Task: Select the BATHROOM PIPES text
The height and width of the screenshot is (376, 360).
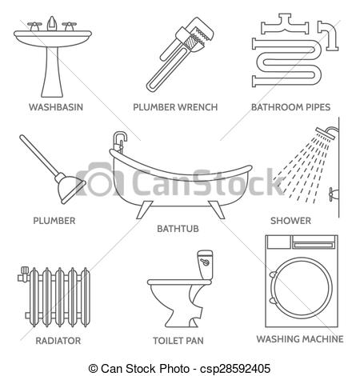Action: (290, 105)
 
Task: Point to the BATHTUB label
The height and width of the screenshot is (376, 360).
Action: (178, 228)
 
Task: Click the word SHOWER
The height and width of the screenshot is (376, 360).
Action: (290, 219)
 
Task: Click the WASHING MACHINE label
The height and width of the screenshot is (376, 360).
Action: (300, 338)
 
